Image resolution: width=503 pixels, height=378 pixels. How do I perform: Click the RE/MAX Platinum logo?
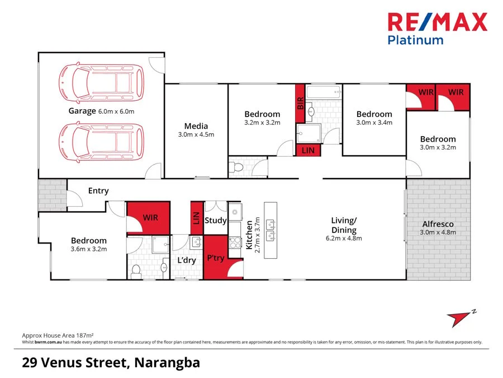click(438, 28)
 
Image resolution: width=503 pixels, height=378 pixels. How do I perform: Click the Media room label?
click(196, 126)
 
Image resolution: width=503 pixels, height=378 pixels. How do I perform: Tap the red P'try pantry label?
click(216, 258)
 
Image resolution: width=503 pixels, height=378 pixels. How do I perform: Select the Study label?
click(215, 220)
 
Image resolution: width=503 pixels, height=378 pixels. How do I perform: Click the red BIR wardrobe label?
click(300, 104)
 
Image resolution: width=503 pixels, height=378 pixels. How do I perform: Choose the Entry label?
click(98, 191)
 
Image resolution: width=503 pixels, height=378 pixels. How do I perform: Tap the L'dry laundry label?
click(186, 261)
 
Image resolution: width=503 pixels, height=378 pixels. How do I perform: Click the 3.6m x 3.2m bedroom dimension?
click(88, 249)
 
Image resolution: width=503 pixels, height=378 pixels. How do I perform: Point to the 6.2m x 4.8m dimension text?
click(343, 238)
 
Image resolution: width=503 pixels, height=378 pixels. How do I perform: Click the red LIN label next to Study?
click(196, 217)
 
